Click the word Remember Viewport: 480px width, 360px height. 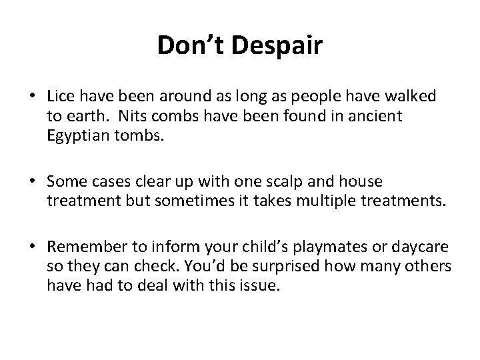[x=85, y=247]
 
